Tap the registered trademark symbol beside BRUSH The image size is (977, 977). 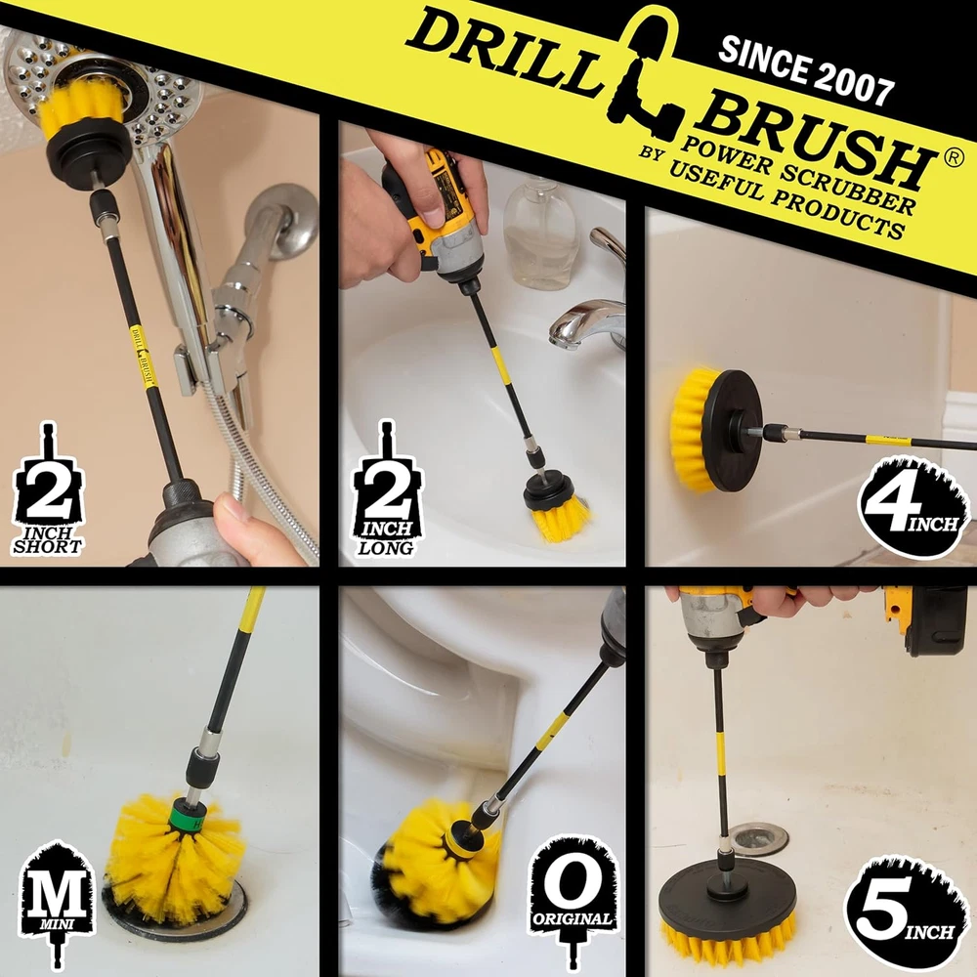[x=954, y=158]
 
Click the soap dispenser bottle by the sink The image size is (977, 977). [x=539, y=233]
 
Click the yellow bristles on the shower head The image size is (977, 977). [x=82, y=104]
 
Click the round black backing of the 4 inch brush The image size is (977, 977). [x=733, y=430]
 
